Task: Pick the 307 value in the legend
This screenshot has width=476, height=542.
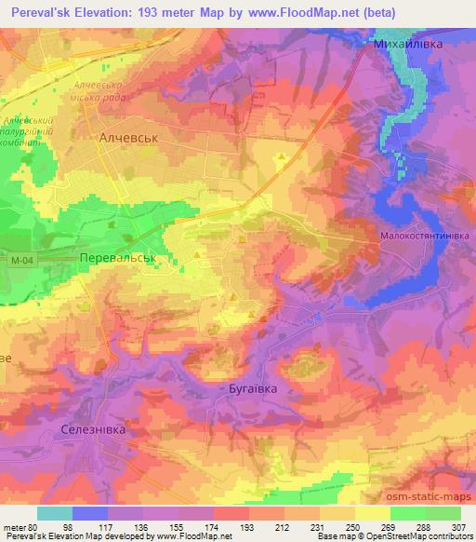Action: pyautogui.click(x=460, y=527)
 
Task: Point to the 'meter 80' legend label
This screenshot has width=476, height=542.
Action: pyautogui.click(x=20, y=527)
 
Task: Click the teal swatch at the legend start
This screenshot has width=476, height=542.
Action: pyautogui.click(x=55, y=513)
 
